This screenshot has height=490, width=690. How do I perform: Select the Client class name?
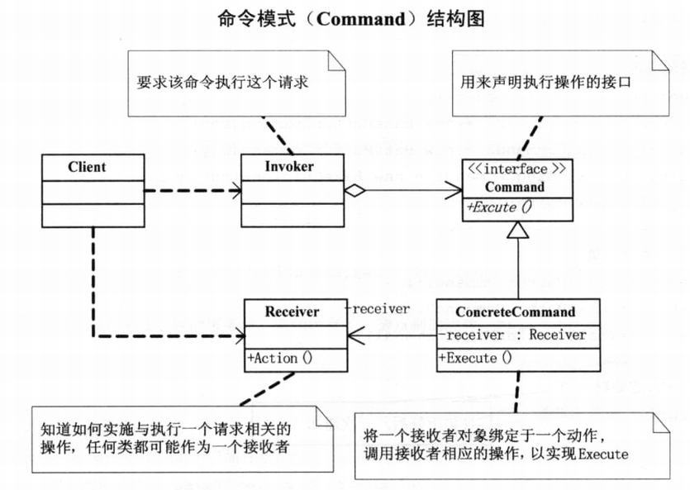pyautogui.click(x=87, y=167)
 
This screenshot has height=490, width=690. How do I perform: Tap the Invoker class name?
pyautogui.click(x=289, y=167)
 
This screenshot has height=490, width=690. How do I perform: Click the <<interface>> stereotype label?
pyautogui.click(x=516, y=170)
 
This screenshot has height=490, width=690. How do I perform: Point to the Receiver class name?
pyautogui.click(x=292, y=312)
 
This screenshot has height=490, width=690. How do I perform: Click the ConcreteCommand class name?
pyautogui.click(x=515, y=312)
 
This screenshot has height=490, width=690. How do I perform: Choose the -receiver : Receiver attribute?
pyautogui.click(x=512, y=335)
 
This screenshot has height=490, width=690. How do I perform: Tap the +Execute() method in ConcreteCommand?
pyautogui.click(x=475, y=358)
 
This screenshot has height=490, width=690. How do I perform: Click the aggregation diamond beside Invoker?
pyautogui.click(x=354, y=190)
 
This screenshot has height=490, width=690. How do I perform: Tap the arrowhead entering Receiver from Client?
pyautogui.click(x=238, y=335)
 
